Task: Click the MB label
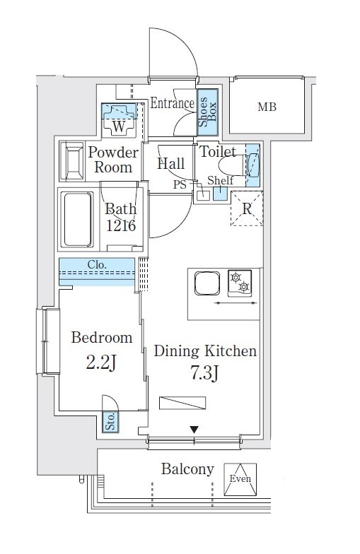[267, 106]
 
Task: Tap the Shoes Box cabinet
[207, 112]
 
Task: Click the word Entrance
[173, 103]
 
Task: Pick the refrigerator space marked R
[246, 208]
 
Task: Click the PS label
[180, 184]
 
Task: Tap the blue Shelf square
[220, 194]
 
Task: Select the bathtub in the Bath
[76, 219]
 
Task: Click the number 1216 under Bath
[121, 225]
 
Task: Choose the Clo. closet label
[97, 264]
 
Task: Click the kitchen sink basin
[207, 283]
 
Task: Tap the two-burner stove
[240, 283]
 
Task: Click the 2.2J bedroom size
[101, 363]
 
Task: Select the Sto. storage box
[110, 422]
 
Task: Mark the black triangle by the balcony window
[194, 430]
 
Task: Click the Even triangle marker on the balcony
[240, 479]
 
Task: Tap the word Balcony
[187, 469]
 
